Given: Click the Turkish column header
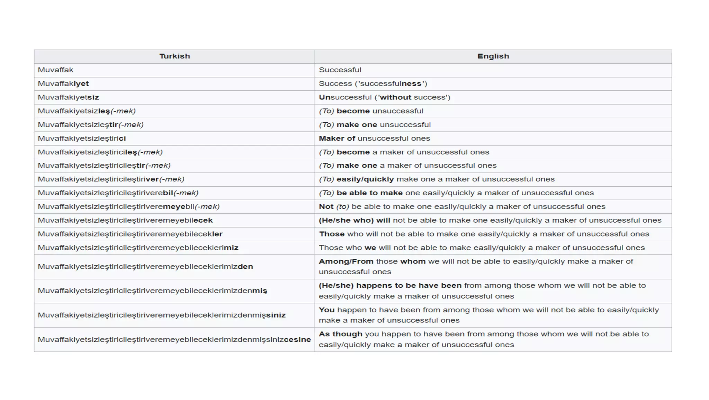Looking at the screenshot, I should [174, 56].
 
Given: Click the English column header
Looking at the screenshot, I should [493, 56].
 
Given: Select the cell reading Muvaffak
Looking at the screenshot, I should [56, 70].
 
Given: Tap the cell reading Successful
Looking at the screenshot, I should [340, 70].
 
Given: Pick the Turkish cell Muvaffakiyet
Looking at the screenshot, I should [63, 84].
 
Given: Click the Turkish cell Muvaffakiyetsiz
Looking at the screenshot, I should [69, 97].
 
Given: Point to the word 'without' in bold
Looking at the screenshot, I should [395, 97].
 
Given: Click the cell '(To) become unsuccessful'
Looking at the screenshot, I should [371, 111].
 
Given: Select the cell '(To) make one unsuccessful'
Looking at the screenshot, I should [375, 125].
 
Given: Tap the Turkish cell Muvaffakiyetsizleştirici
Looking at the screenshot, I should [82, 139].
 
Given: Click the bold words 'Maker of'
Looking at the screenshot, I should [337, 139].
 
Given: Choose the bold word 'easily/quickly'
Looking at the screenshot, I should [365, 179].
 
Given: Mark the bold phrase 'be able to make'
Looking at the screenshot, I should [370, 193].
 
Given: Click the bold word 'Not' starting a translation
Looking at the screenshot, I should [326, 207].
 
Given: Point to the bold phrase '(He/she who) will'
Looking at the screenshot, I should [354, 220].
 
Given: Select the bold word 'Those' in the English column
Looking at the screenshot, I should [332, 234].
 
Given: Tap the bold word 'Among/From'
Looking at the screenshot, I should [346, 261].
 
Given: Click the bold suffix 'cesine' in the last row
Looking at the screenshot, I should [297, 340].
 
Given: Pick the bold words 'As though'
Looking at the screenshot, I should [341, 334].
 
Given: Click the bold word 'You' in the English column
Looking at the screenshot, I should [326, 310].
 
